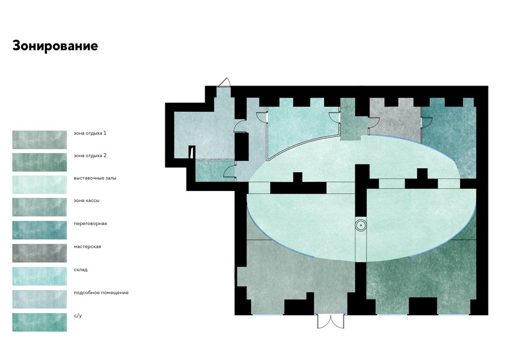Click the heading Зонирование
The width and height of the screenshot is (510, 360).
(x=55, y=46)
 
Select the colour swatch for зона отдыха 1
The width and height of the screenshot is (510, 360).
(x=40, y=140)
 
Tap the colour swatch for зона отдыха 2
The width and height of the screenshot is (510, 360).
(x=40, y=162)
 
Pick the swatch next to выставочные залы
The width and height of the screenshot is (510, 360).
(x=40, y=185)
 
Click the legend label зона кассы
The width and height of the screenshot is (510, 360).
(x=87, y=201)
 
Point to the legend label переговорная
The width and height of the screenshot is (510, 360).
(x=90, y=223)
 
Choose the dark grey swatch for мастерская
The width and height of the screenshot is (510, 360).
(x=40, y=253)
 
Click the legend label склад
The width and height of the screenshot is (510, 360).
(x=80, y=270)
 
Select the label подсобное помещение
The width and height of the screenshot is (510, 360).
(x=101, y=293)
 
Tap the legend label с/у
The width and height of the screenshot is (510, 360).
(x=78, y=316)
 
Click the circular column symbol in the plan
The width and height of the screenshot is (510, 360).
(x=361, y=225)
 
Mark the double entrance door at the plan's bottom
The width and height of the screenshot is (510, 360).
(x=331, y=321)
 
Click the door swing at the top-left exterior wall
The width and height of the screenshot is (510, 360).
(x=224, y=82)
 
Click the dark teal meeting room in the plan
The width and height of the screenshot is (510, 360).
(x=449, y=137)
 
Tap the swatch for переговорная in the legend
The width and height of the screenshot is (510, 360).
(x=40, y=230)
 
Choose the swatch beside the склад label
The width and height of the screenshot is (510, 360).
(x=40, y=276)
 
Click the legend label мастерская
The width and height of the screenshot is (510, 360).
(x=87, y=247)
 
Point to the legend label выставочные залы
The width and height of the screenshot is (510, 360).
(x=95, y=179)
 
